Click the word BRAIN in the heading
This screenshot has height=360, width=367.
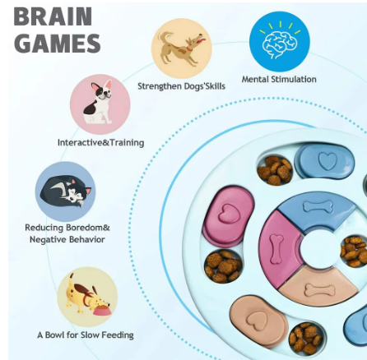[53, 16]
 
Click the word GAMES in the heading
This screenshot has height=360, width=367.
[58, 43]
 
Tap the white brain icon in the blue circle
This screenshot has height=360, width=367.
[280, 44]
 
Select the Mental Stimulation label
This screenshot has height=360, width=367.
[279, 79]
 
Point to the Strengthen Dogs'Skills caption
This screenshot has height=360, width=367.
[181, 86]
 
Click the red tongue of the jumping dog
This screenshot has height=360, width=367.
[202, 40]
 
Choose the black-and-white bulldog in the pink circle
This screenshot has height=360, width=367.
[99, 103]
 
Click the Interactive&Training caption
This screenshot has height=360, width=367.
[100, 142]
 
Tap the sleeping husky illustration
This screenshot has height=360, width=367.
[66, 192]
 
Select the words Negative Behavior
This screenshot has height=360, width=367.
[67, 239]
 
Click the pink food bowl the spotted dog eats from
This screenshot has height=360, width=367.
[102, 311]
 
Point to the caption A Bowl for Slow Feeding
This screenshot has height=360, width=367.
[86, 335]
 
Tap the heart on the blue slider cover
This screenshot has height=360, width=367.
[328, 160]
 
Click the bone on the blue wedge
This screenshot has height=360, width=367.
[318, 206]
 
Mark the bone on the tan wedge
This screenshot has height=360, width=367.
[320, 290]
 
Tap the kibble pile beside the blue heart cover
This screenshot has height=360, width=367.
[275, 170]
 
